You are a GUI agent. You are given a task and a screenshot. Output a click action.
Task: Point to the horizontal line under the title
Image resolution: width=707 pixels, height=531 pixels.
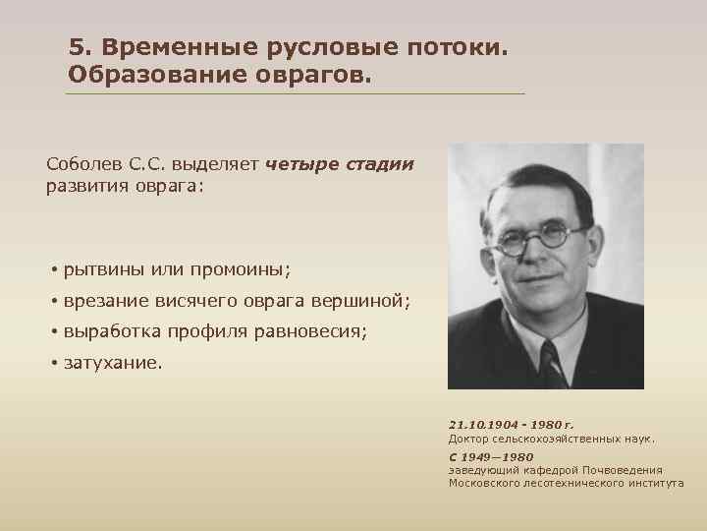click(295, 94)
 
